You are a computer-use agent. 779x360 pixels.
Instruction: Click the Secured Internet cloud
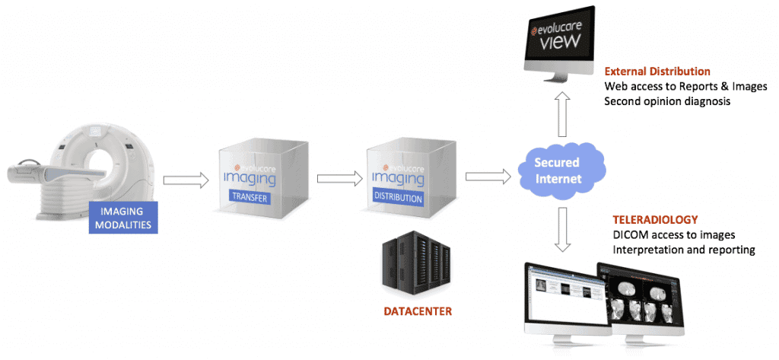point(556,171)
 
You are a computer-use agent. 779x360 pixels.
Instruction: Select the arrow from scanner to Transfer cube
point(186,180)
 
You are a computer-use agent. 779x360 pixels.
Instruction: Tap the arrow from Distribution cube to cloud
point(487,177)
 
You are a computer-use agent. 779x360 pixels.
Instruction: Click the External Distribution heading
point(657,72)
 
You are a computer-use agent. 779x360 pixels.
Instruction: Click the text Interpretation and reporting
point(683,249)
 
